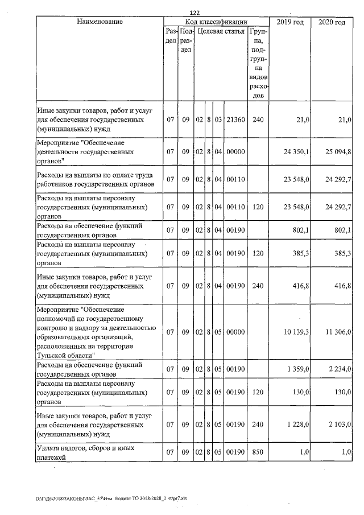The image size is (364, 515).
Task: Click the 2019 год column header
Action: (x=289, y=22)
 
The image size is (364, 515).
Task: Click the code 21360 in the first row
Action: (x=235, y=120)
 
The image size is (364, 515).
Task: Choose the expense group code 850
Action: (x=258, y=452)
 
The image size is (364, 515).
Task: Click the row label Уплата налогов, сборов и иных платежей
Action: (x=85, y=452)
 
